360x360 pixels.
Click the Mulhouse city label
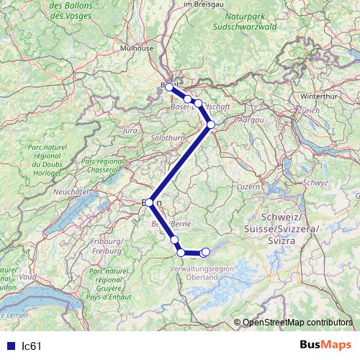137,48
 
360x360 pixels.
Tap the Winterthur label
318,95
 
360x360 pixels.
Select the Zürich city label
307,111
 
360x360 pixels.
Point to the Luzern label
248,186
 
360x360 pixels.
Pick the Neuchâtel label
71,192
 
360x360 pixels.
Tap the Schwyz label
315,183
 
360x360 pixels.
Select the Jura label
130,131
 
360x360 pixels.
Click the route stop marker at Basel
169,86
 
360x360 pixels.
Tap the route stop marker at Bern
149,203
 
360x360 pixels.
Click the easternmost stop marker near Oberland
206,251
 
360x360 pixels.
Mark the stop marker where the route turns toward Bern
210,125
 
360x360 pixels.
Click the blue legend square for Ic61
10,346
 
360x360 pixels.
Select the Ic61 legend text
32,346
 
